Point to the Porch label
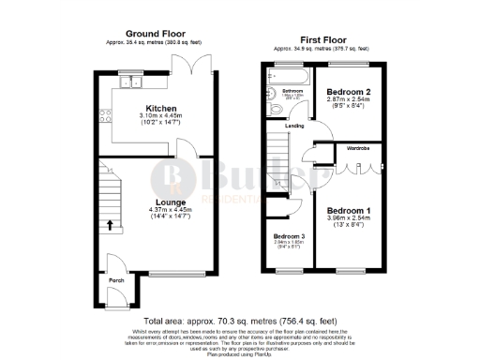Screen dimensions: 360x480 [117, 278]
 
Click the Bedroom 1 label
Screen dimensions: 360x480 [348, 210]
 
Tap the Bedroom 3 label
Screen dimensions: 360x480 [289, 235]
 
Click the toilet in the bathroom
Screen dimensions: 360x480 [269, 112]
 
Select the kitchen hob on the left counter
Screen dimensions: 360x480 [109, 117]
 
